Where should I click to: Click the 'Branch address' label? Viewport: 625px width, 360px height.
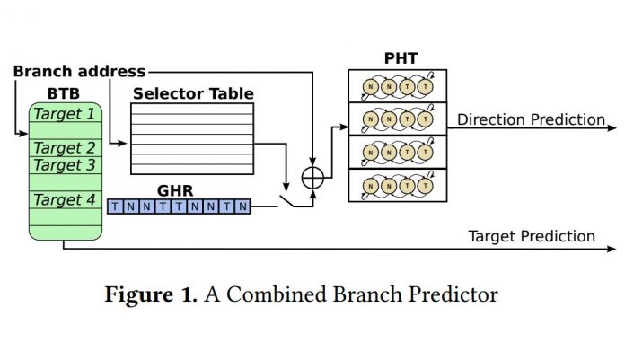(79, 71)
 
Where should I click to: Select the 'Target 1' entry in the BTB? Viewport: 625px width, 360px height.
(64, 113)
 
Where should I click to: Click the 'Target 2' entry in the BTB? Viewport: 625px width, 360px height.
(64, 148)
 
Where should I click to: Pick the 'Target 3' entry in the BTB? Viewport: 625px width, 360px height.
(64, 165)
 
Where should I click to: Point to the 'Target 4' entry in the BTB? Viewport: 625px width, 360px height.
(64, 199)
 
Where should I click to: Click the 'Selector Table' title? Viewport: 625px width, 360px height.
(192, 93)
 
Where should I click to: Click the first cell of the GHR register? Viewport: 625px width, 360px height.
(114, 206)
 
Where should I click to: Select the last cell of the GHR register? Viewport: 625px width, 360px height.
(242, 206)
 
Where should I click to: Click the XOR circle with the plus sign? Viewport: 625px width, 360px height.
(312, 177)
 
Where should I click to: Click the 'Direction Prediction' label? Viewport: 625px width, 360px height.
(531, 119)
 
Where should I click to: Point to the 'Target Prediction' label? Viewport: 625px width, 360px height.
(532, 236)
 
